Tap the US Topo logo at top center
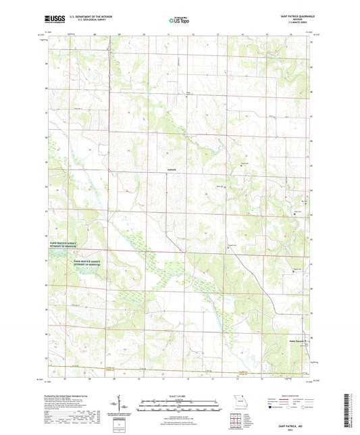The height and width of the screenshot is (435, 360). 177,21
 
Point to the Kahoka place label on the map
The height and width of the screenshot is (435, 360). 172,169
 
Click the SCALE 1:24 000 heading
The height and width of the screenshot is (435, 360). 180,395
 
